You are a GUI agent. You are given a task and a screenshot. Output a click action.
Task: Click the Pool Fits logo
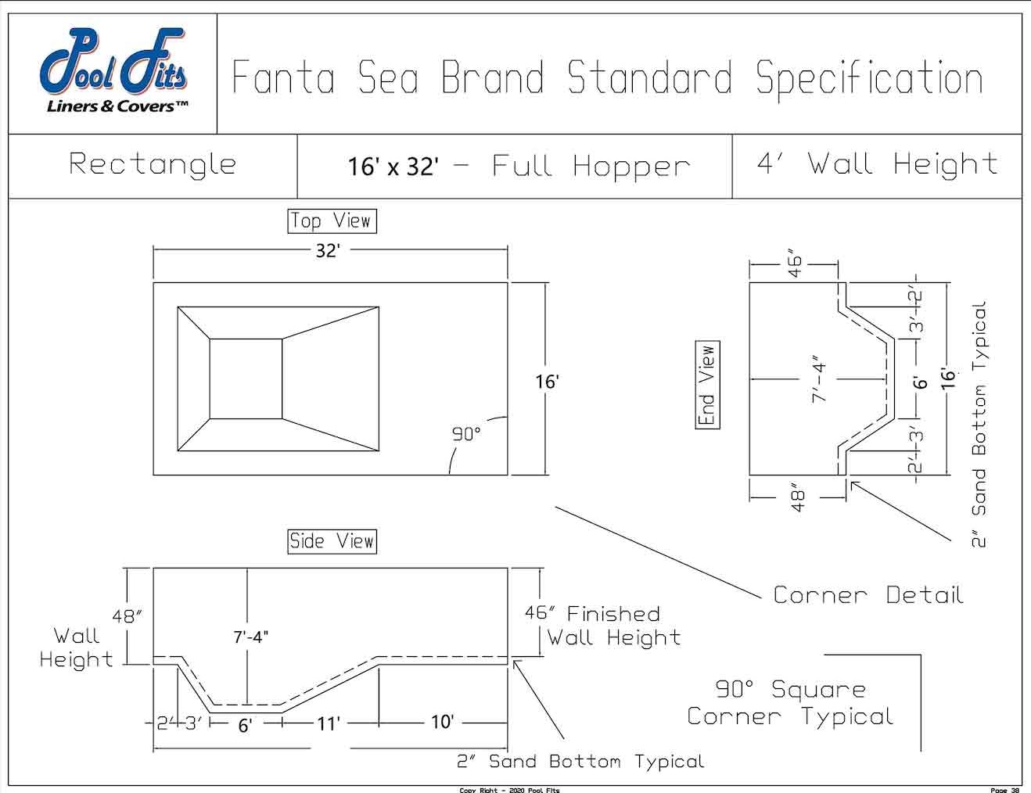click(113, 72)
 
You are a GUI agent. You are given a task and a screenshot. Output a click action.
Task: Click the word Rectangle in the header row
click(153, 164)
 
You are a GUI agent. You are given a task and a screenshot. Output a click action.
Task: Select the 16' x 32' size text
click(393, 167)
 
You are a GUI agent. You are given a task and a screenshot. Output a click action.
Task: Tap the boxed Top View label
click(332, 221)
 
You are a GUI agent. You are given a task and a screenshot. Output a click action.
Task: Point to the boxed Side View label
click(332, 541)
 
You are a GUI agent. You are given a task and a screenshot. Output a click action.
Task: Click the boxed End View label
click(707, 385)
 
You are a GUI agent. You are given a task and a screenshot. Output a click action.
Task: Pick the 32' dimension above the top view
click(328, 251)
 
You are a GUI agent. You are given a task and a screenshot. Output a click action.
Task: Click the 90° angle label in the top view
click(466, 434)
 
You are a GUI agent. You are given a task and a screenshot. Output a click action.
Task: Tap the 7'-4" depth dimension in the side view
click(250, 637)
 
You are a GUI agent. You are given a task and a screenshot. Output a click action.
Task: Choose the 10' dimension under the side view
click(442, 722)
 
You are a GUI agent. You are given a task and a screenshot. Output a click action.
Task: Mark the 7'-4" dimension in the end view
click(818, 379)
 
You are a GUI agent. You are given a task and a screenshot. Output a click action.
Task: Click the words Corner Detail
click(868, 595)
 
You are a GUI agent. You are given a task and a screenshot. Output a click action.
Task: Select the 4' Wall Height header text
click(877, 164)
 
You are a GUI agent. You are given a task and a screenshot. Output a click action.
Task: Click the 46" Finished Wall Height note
click(603, 626)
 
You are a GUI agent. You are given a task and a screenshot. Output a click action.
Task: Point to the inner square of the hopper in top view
click(246, 379)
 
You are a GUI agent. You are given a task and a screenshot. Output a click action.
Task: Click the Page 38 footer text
click(1004, 789)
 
